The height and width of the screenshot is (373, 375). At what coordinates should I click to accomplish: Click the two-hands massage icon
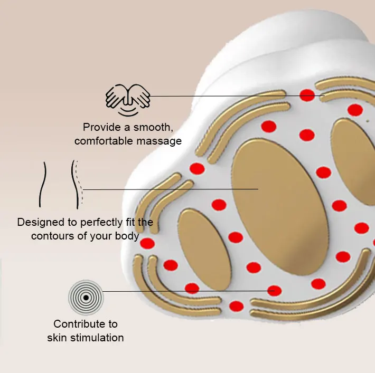coord(128,99)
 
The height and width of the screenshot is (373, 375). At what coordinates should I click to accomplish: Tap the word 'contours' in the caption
coord(52,236)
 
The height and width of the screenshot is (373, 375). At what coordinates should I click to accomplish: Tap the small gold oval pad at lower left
coord(204,248)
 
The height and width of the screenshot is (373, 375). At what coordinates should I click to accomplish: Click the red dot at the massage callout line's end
coord(307,95)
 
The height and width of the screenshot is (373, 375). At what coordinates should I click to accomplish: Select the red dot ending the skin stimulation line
coord(275,290)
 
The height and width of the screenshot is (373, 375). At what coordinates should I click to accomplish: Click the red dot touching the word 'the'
coord(147,243)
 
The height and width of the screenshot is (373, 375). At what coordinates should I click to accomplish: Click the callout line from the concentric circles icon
coord(185,291)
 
